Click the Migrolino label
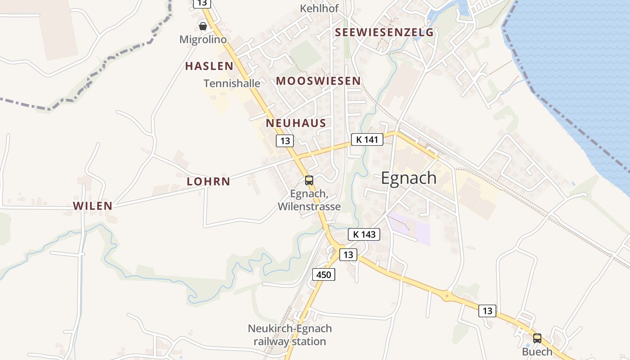203,40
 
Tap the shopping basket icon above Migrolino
203,26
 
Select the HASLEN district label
209,66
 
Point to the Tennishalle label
232,83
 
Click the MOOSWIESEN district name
318,81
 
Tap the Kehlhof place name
319,8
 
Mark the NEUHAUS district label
296,123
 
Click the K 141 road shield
367,139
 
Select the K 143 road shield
364,234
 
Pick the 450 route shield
324,274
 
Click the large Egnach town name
409,178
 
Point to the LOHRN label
208,182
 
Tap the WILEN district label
93,206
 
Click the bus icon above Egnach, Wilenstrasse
309,180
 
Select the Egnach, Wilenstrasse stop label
309,201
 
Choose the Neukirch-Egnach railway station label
290,335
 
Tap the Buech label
537,351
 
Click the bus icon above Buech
537,338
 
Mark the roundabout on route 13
446,296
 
